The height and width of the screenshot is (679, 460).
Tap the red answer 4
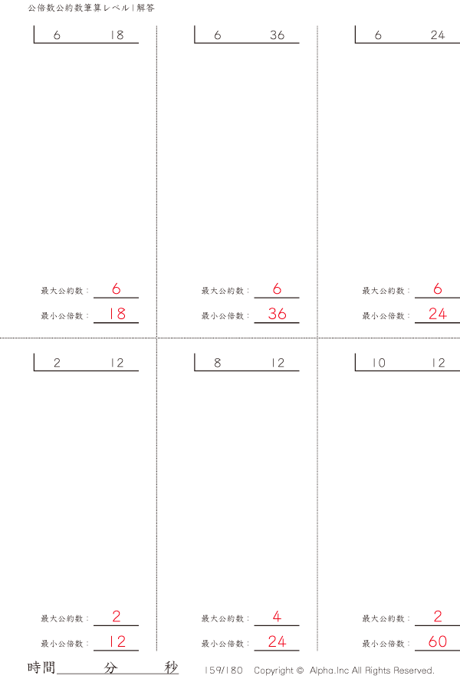(277, 617)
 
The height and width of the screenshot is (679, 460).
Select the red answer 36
(277, 314)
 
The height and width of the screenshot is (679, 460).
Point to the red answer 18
(117, 314)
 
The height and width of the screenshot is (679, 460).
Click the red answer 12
(117, 641)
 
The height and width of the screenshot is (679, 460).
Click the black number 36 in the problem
(277, 36)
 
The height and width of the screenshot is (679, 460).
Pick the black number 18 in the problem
(117, 36)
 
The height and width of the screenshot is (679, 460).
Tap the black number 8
(218, 364)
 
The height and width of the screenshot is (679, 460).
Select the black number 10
(379, 364)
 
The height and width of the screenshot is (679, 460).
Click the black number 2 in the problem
(58, 364)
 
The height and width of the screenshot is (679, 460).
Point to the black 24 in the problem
(438, 36)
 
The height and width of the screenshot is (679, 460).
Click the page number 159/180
(224, 670)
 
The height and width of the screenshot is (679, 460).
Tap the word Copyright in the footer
(273, 670)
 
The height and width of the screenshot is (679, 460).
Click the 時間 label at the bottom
(41, 667)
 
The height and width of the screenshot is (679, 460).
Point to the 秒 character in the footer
(171, 667)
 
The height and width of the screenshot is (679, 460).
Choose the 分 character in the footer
(111, 667)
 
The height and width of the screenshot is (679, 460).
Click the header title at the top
(90, 8)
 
